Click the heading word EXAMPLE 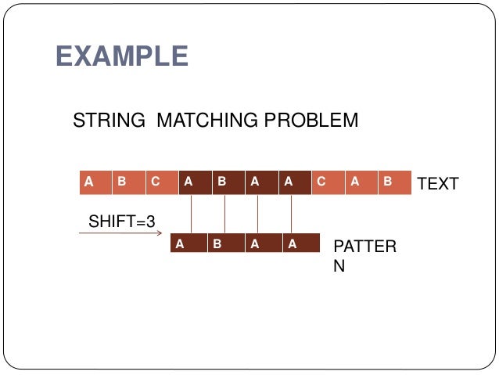122,56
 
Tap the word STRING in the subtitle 109,121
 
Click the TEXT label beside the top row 438,184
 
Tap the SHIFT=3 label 121,222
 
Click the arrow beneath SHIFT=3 117,233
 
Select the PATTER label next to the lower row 364,247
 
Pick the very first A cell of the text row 95,182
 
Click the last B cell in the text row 394,182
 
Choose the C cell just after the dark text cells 328,182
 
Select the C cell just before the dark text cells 162,182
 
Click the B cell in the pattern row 223,243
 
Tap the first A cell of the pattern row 188,243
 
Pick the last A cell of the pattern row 300,243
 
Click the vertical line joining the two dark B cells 224,214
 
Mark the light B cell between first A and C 128,182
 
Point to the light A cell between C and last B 361,182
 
